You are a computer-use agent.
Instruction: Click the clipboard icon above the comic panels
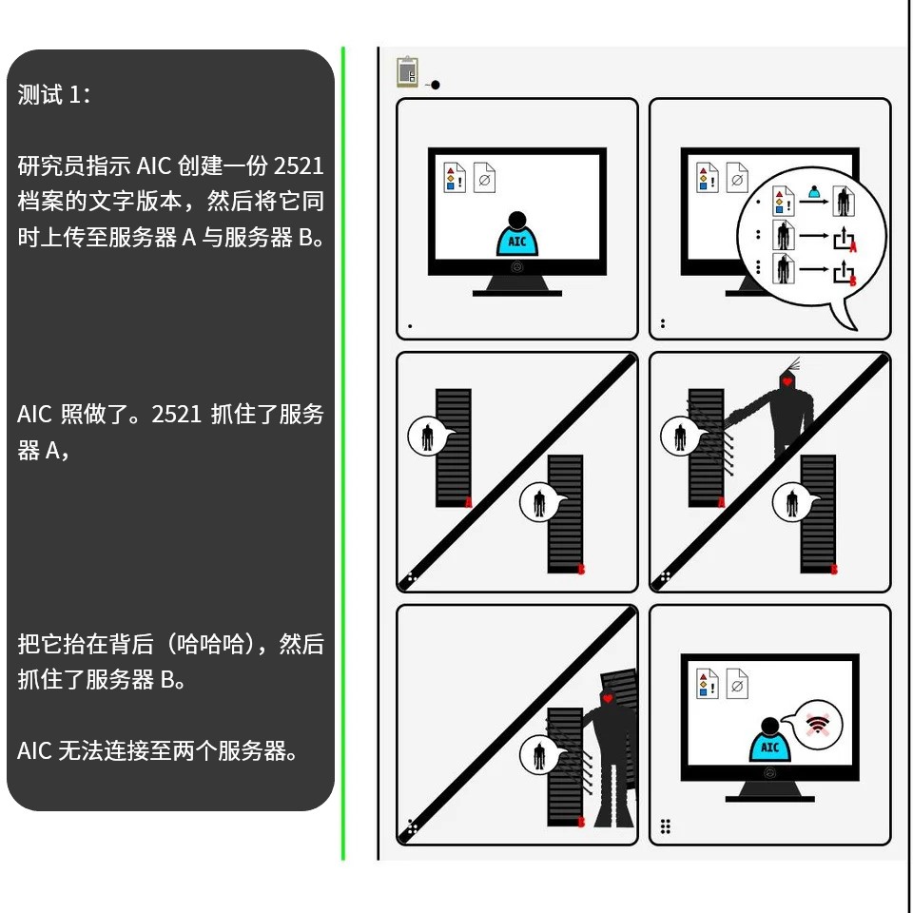pyautogui.click(x=408, y=71)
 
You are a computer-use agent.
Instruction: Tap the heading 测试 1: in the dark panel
pyautogui.click(x=53, y=94)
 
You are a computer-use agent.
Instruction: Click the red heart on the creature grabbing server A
pyautogui.click(x=787, y=382)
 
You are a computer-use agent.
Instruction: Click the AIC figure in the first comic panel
pyautogui.click(x=517, y=234)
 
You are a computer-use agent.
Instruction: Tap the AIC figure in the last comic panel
pyautogui.click(x=769, y=740)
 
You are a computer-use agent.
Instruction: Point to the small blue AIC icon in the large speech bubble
pyautogui.click(x=814, y=191)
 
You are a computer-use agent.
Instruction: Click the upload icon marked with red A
pyautogui.click(x=845, y=238)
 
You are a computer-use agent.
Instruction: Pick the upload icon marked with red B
pyautogui.click(x=845, y=272)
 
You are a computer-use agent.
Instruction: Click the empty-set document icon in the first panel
pyautogui.click(x=484, y=177)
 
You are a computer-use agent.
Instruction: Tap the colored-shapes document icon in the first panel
pyautogui.click(x=455, y=177)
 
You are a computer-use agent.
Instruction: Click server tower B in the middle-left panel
pyautogui.click(x=565, y=514)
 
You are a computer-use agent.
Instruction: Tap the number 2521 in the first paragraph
pyautogui.click(x=299, y=165)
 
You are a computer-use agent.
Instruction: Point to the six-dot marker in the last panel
pyautogui.click(x=666, y=826)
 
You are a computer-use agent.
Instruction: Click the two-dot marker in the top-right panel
pyautogui.click(x=663, y=323)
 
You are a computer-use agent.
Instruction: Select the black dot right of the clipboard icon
pyautogui.click(x=435, y=85)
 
